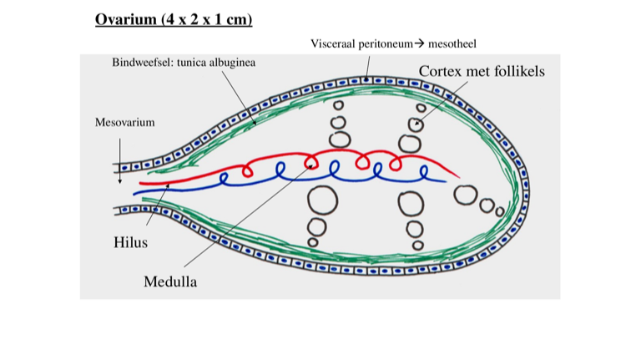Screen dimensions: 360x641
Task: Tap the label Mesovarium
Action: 124,122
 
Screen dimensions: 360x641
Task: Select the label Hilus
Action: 130,243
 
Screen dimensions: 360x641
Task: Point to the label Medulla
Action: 170,281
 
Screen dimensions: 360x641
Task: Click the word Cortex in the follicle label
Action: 445,72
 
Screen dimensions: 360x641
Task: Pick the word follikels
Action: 517,72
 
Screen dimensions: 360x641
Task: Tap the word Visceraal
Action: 336,43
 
